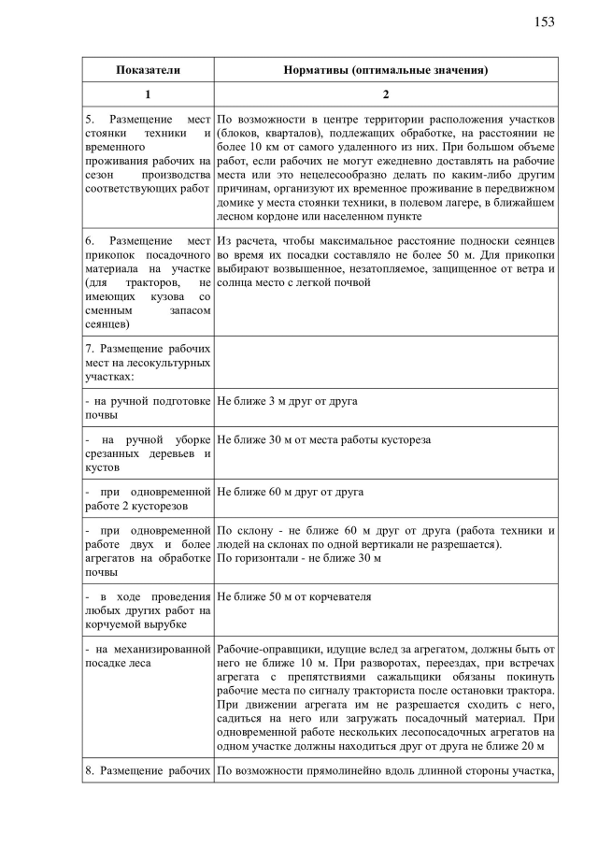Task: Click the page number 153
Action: click(545, 22)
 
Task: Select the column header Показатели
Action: click(148, 70)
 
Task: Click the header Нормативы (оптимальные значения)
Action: click(386, 70)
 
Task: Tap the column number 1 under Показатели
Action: click(148, 94)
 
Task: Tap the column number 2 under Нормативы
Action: click(386, 94)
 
